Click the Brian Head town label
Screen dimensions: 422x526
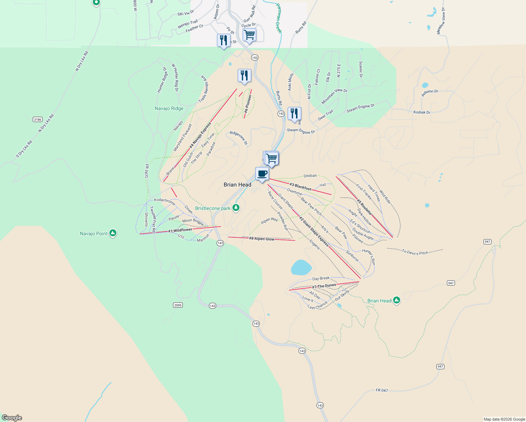pyautogui.click(x=237, y=185)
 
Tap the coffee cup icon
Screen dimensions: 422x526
pyautogui.click(x=262, y=174)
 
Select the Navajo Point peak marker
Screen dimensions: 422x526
pyautogui.click(x=113, y=233)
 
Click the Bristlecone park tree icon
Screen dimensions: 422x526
pyautogui.click(x=236, y=208)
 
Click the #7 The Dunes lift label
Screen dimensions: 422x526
pyautogui.click(x=324, y=286)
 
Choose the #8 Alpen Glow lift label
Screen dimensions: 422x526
pyautogui.click(x=262, y=239)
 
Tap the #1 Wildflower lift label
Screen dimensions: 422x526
pyautogui.click(x=180, y=230)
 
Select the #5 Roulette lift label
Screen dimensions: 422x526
pyautogui.click(x=364, y=207)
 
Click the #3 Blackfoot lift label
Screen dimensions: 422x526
pyautogui.click(x=300, y=187)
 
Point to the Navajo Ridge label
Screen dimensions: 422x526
pyautogui.click(x=169, y=108)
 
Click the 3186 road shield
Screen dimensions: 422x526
pyautogui.click(x=38, y=120)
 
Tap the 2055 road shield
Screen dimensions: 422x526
pyautogui.click(x=178, y=305)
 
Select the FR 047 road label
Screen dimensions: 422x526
pyautogui.click(x=382, y=390)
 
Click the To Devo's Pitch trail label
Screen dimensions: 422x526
pyautogui.click(x=415, y=252)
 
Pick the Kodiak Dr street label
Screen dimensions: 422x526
pyautogui.click(x=422, y=112)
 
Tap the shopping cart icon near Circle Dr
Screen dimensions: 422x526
pyautogui.click(x=249, y=35)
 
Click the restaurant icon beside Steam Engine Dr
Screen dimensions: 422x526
pyautogui.click(x=294, y=114)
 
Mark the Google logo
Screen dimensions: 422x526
pyautogui.click(x=12, y=418)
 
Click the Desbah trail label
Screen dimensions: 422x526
pyautogui.click(x=310, y=175)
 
